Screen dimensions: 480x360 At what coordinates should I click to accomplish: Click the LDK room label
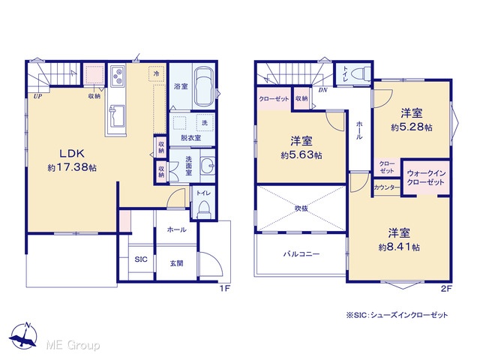(x=72, y=153)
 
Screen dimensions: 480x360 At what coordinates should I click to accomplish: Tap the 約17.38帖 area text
(x=72, y=167)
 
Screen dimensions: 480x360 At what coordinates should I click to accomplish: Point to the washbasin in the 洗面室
(x=208, y=166)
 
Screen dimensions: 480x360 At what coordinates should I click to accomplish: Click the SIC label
(x=141, y=259)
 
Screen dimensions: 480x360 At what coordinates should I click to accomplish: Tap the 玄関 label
(x=177, y=263)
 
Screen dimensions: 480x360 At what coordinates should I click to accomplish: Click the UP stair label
(x=38, y=97)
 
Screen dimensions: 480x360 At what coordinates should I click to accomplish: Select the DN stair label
(x=323, y=90)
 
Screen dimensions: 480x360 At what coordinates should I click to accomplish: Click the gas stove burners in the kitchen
(x=117, y=76)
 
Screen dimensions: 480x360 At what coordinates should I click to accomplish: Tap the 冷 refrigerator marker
(x=157, y=73)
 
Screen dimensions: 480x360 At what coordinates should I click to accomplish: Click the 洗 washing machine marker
(x=205, y=123)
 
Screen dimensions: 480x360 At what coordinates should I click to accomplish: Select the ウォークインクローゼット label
(x=426, y=178)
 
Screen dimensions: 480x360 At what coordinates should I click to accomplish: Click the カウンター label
(x=387, y=187)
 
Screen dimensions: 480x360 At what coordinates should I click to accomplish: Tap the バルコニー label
(x=301, y=253)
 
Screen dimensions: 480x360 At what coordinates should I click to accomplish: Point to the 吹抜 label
(x=301, y=208)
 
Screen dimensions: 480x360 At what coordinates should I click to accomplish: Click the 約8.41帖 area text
(x=399, y=247)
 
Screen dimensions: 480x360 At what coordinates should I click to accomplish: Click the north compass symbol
(x=23, y=335)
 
